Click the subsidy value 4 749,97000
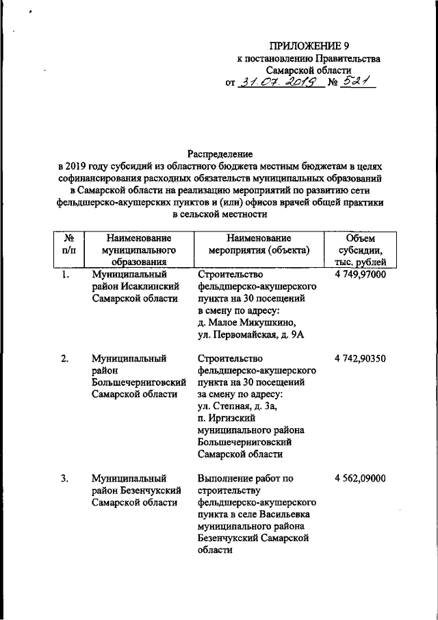point(361,275)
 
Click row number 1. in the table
point(64,275)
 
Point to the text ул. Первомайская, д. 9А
point(250,334)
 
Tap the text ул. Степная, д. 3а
point(237,408)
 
